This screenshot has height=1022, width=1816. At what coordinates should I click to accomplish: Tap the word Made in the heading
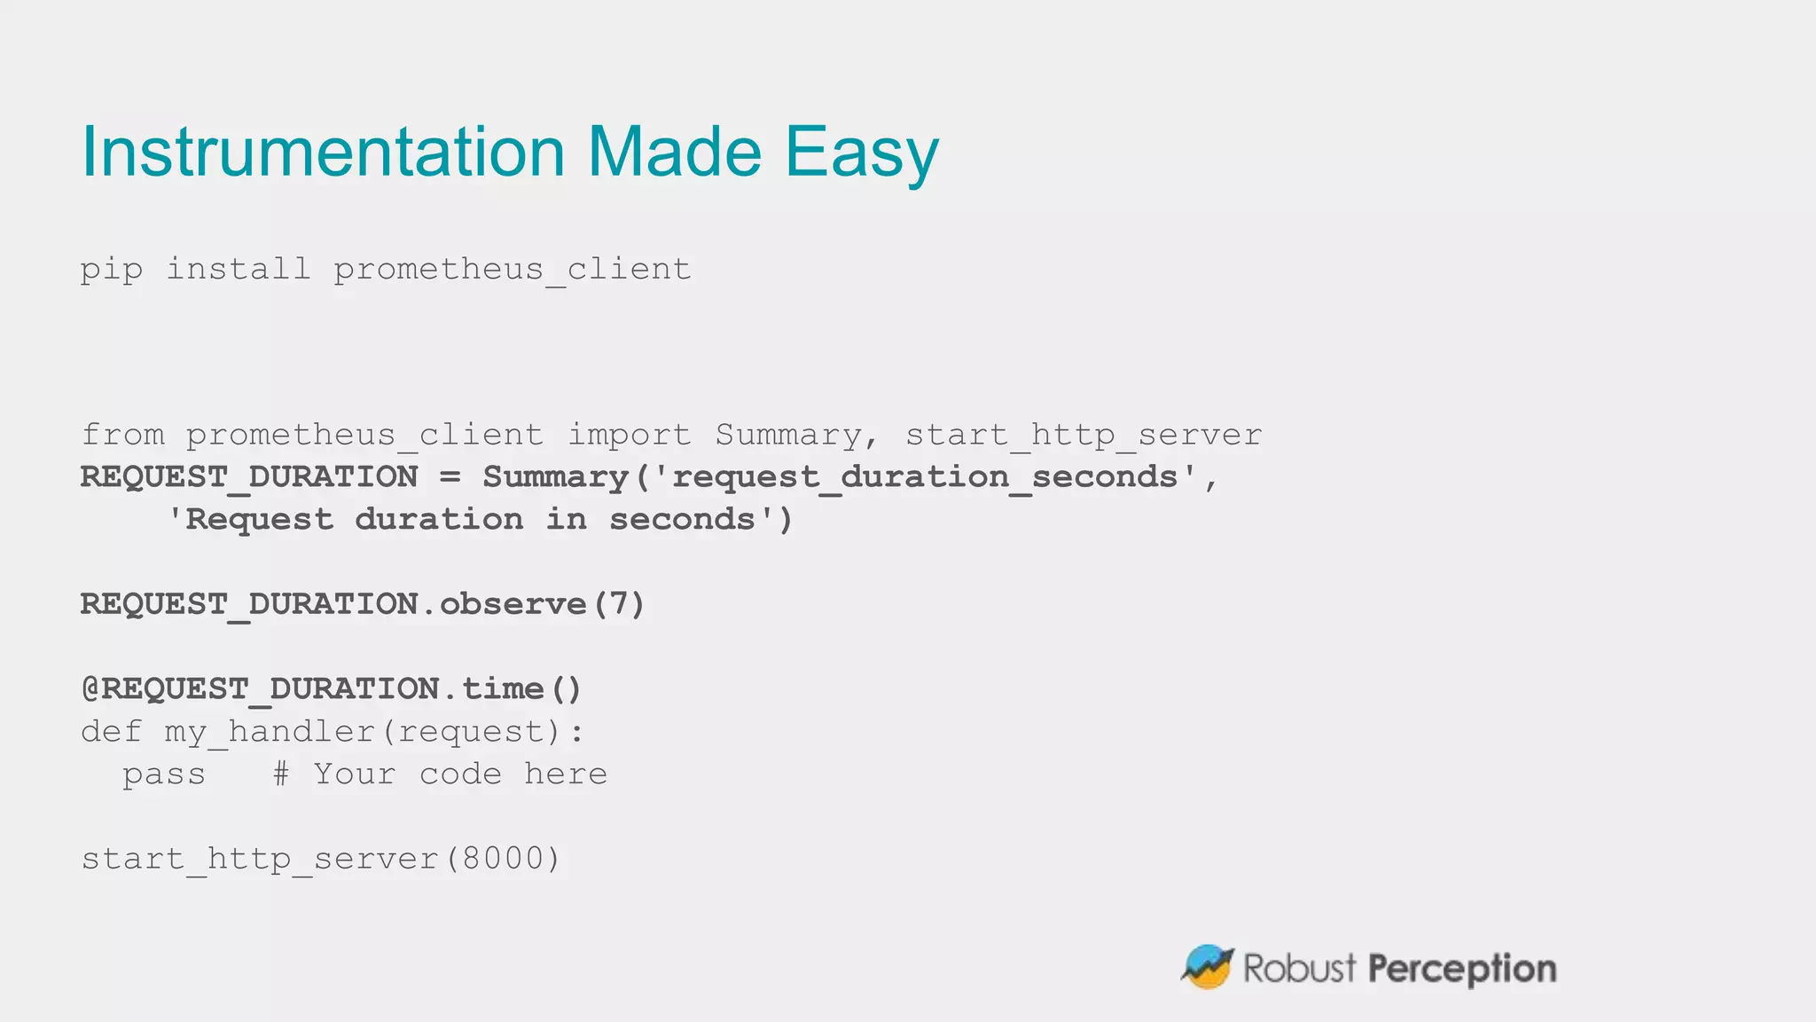pyautogui.click(x=674, y=152)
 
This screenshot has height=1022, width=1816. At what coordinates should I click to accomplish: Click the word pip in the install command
pyautogui.click(x=111, y=270)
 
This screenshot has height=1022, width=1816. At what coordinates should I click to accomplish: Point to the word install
pyautogui.click(x=239, y=268)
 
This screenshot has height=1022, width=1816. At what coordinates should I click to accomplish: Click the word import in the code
pyautogui.click(x=629, y=435)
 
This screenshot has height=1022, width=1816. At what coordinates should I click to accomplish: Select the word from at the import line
pyautogui.click(x=122, y=435)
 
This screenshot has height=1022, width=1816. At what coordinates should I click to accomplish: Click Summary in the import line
pyautogui.click(x=787, y=435)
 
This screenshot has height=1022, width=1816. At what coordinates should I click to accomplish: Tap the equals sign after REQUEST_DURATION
pyautogui.click(x=450, y=477)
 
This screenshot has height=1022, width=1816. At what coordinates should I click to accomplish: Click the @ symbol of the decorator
pyautogui.click(x=90, y=689)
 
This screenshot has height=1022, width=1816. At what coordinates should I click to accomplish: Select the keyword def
pyautogui.click(x=111, y=732)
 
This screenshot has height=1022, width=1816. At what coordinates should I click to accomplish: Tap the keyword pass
pyautogui.click(x=164, y=775)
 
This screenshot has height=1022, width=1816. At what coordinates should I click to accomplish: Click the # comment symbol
pyautogui.click(x=281, y=774)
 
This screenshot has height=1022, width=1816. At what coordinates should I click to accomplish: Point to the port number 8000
pyautogui.click(x=503, y=859)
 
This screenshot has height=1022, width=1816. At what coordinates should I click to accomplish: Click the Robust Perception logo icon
pyautogui.click(x=1207, y=966)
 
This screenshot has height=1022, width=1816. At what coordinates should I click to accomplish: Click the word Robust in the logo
pyautogui.click(x=1299, y=968)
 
